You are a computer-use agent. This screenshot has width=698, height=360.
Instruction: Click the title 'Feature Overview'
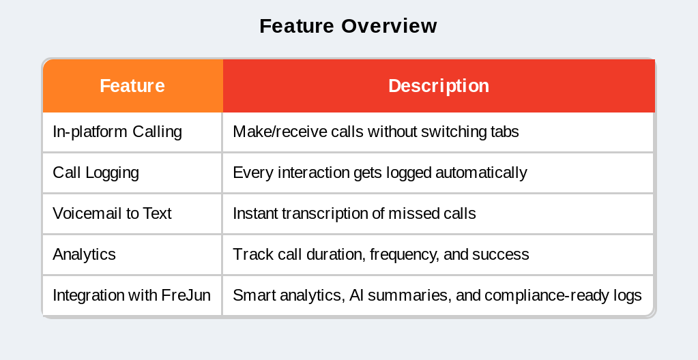pos(348,26)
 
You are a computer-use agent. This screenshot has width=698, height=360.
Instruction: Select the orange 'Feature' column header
pos(132,86)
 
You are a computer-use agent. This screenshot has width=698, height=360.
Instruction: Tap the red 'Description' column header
pos(438,86)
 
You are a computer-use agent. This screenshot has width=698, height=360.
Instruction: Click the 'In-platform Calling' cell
pos(117,132)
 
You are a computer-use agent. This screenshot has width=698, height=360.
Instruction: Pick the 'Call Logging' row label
pos(96,172)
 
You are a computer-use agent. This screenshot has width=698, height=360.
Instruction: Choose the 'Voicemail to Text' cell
pos(112,213)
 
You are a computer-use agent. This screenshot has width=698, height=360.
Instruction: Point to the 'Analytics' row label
pos(84,254)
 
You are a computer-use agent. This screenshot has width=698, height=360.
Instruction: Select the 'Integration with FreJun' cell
pos(131,295)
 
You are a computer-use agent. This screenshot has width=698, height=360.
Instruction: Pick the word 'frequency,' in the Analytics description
pos(405,254)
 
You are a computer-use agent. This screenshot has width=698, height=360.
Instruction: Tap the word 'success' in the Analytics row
pos(501,254)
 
